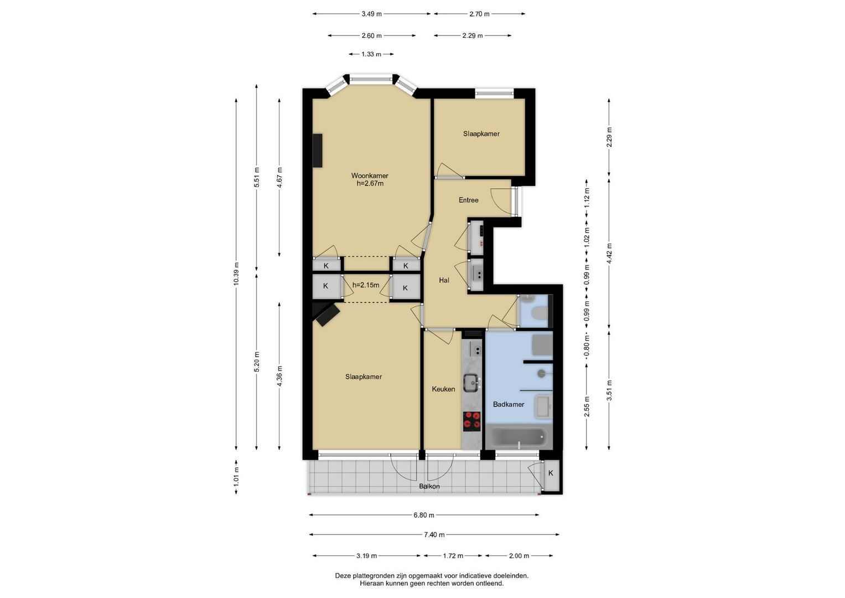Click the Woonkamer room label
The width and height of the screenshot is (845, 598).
point(370,176)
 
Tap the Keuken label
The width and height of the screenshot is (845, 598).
point(443,389)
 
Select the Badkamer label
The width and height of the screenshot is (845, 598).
point(509,404)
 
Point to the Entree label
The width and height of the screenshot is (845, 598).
point(469,200)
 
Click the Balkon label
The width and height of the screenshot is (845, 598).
point(429,486)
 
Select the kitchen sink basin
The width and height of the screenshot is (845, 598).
point(471,383)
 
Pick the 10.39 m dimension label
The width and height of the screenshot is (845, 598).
point(236,274)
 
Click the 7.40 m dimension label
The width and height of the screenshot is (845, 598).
point(434,534)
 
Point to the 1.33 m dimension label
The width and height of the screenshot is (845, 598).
point(371,54)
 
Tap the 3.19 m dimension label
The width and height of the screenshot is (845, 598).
point(366,556)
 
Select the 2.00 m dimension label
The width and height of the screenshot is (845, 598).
point(519,556)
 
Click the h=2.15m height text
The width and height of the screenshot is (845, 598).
point(366,285)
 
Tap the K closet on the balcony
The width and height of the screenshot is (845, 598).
point(551,473)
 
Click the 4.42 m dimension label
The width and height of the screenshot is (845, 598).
point(609,254)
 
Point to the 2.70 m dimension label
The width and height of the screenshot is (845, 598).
point(479,14)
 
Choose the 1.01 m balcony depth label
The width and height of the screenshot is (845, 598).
point(236,477)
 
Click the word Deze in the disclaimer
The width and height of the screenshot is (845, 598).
point(343,576)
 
